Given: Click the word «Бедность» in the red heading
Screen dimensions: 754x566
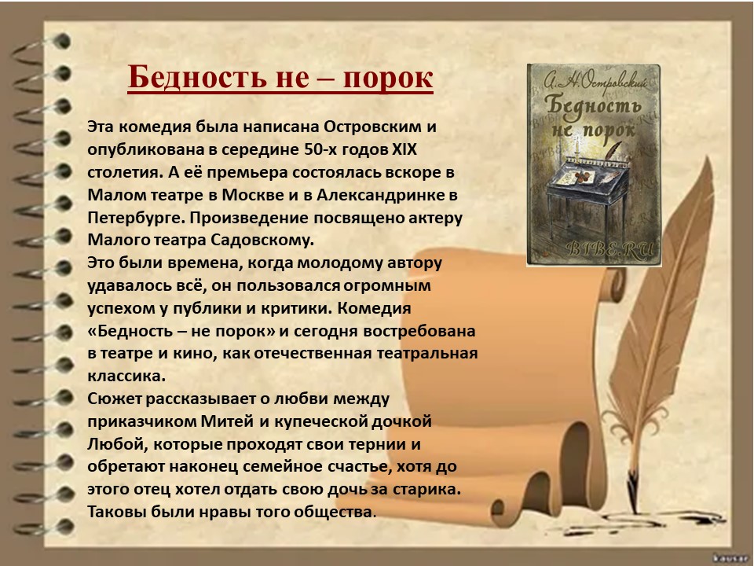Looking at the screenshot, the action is point(196,77).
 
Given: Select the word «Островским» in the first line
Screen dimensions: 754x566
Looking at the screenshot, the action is point(372,127).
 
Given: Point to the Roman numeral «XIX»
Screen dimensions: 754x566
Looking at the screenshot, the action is point(404,149).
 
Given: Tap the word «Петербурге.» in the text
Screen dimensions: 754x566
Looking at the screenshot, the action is point(136,218).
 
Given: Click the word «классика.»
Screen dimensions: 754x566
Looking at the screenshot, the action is point(126,376).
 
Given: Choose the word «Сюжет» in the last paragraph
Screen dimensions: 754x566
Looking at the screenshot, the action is point(115,399).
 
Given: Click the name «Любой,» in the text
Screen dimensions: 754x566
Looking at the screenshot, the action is point(116,443).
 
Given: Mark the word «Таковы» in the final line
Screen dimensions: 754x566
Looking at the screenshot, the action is point(117,512).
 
